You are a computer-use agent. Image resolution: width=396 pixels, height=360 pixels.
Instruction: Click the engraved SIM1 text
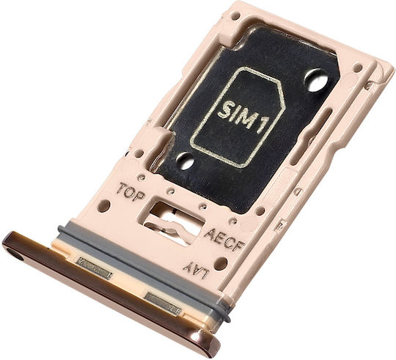point(243,115)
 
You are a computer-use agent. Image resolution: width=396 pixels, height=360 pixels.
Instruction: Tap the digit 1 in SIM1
point(262,125)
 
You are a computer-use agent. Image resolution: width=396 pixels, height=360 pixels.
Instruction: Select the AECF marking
point(224,240)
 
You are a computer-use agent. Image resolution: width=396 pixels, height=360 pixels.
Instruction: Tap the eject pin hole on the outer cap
point(15,256)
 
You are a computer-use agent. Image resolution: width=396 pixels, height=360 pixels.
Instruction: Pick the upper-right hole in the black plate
point(315,80)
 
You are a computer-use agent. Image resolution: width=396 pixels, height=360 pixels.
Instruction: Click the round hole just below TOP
point(104,206)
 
